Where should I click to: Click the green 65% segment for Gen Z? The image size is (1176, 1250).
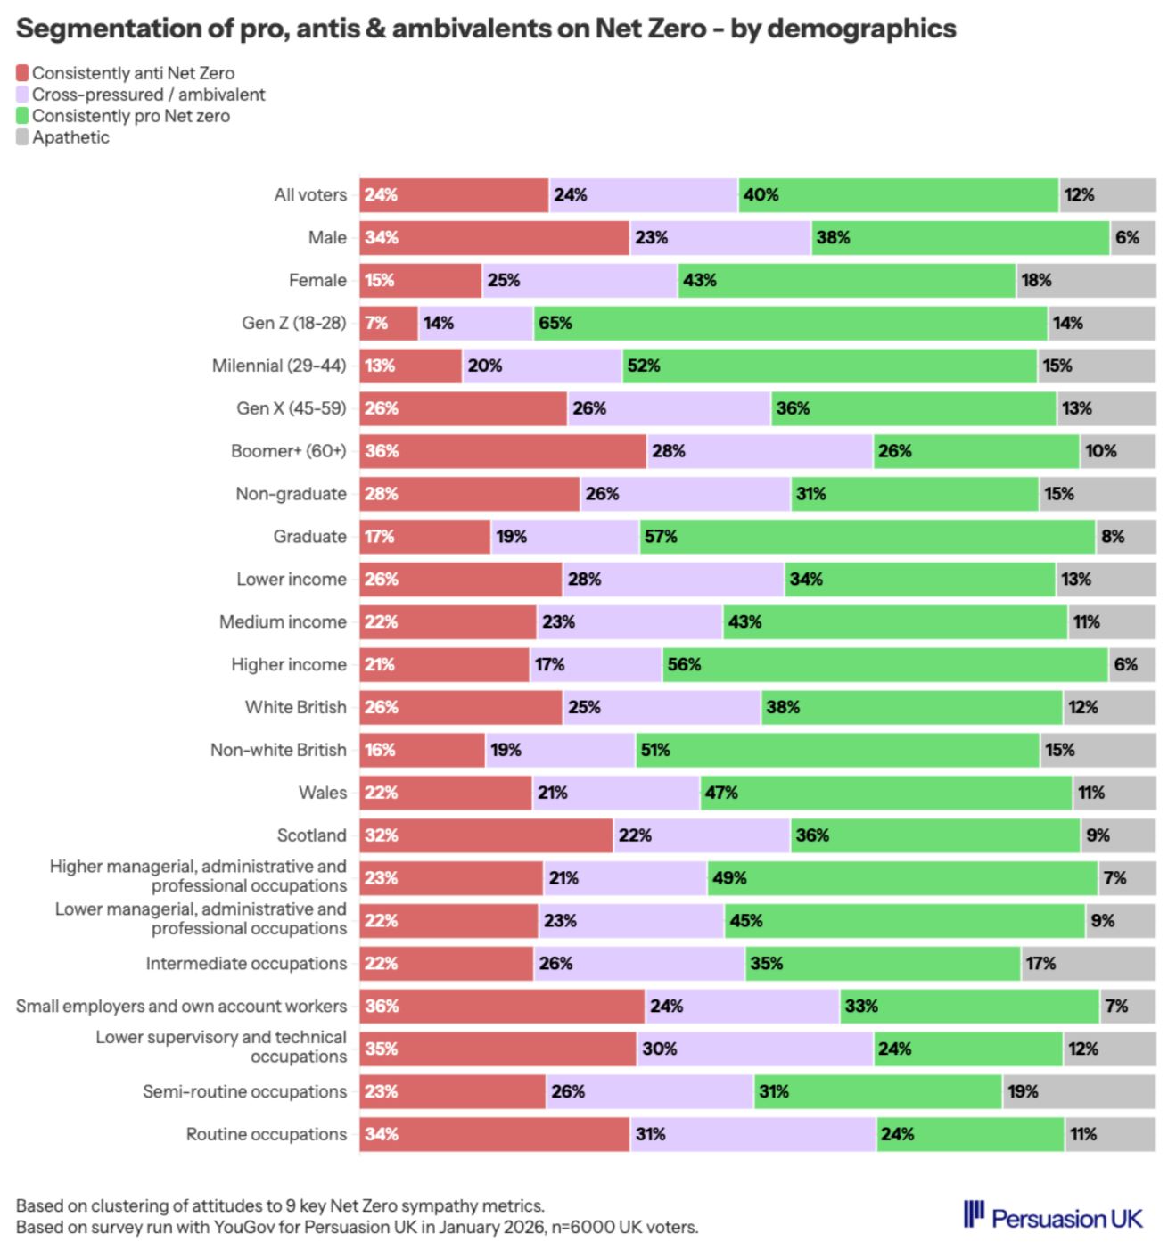click(790, 323)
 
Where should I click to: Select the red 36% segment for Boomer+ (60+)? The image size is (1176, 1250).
click(503, 451)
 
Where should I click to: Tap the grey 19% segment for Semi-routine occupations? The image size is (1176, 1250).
click(1079, 1091)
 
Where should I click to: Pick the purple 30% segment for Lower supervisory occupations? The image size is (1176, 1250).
click(754, 1049)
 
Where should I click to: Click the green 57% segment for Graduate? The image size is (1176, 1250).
click(867, 537)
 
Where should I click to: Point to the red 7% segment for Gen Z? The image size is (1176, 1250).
click(389, 323)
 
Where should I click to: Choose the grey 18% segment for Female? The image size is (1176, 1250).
click(1086, 280)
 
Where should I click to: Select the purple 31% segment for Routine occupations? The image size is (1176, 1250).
click(752, 1134)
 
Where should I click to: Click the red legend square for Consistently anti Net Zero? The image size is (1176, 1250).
click(22, 73)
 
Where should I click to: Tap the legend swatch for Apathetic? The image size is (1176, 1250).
click(22, 137)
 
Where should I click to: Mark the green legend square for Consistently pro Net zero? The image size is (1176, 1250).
click(22, 116)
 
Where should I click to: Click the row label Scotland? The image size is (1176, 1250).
click(311, 835)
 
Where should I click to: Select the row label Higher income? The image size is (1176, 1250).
click(289, 664)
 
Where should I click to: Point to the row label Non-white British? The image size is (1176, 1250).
click(278, 750)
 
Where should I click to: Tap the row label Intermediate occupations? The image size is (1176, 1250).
click(246, 964)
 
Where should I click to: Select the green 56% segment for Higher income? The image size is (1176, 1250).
click(884, 664)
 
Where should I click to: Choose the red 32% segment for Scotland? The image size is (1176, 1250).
click(486, 835)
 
